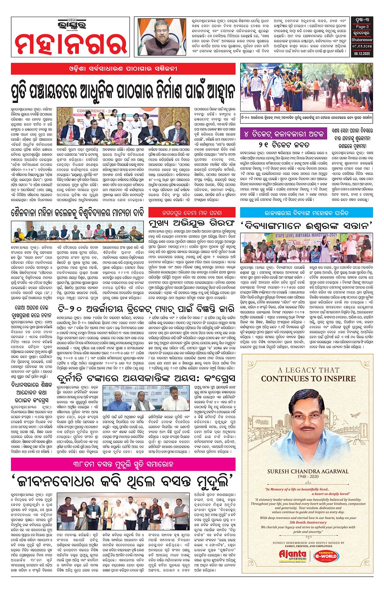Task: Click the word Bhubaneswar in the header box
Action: tap(362, 40)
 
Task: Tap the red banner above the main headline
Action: tap(123, 68)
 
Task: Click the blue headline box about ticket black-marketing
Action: tap(283, 134)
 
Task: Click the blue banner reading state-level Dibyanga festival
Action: tap(306, 213)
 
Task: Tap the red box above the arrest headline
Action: tap(192, 212)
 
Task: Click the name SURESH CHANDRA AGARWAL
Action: tap(308, 471)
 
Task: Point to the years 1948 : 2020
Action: tap(308, 477)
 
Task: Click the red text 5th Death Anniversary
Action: tap(308, 522)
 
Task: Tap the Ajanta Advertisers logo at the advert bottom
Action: tap(293, 556)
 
